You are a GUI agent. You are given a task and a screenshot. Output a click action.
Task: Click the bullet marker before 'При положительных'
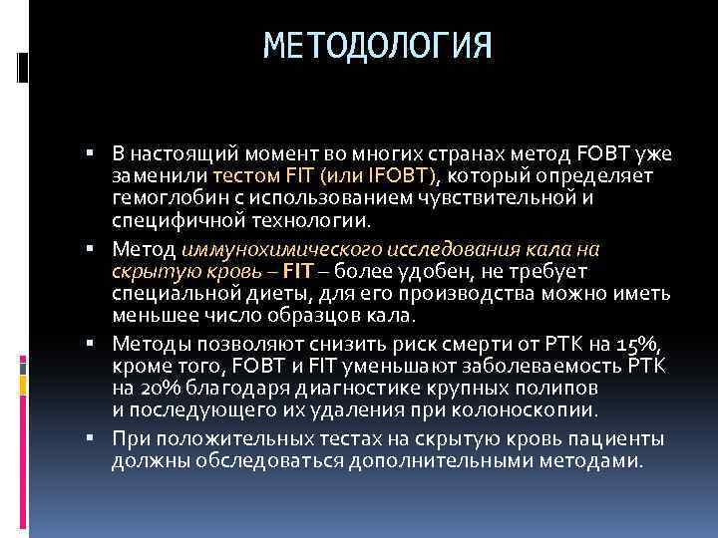pos(89,438)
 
